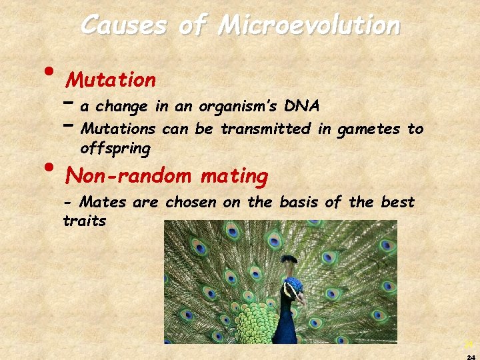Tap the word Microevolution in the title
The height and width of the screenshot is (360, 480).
click(x=309, y=25)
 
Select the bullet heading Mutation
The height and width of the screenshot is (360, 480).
click(x=111, y=81)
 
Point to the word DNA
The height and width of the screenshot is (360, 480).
click(x=302, y=107)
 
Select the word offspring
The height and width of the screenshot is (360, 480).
click(x=115, y=149)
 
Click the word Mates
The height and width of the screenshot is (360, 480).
click(x=103, y=202)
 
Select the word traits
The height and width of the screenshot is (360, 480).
click(x=84, y=221)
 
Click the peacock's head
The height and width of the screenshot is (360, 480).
click(x=293, y=286)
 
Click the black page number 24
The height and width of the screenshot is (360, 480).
click(x=471, y=356)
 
